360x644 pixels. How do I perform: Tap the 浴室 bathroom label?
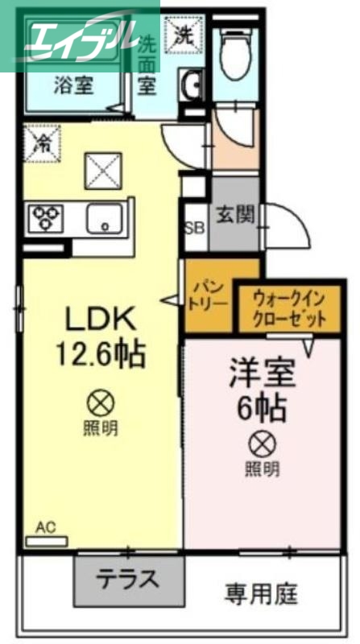72,85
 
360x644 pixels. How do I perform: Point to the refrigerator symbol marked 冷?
40,142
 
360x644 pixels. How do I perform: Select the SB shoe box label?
195,226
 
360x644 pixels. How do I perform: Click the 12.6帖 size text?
102,353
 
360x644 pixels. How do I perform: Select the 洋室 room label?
262,373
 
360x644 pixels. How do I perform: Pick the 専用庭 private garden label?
261,594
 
